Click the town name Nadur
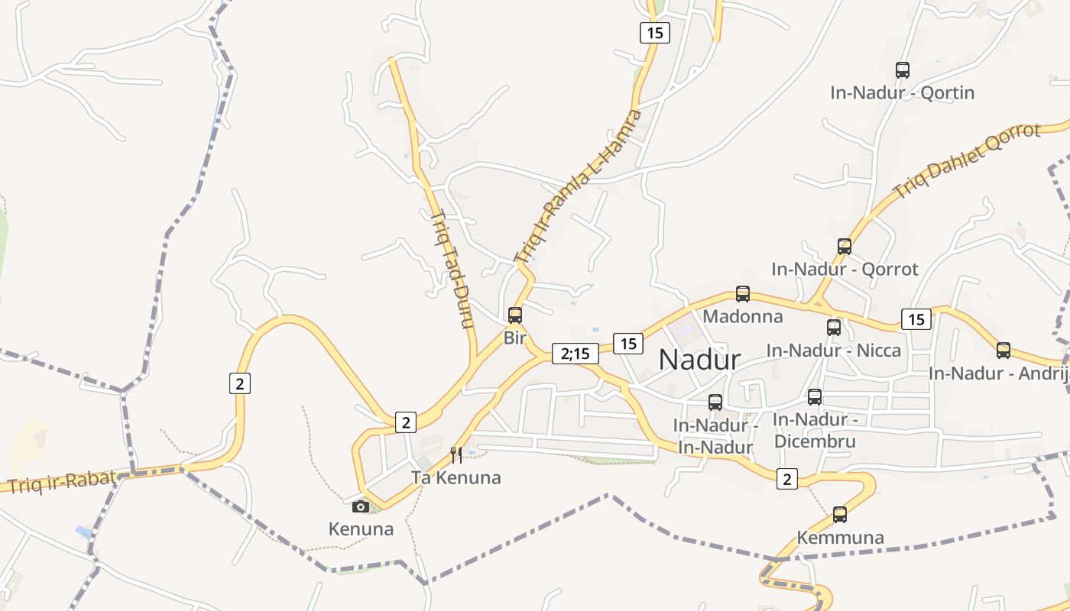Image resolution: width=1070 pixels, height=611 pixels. (x=699, y=360)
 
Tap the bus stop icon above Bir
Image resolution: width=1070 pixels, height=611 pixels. (x=515, y=315)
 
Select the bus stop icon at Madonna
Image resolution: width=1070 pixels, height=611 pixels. (x=742, y=294)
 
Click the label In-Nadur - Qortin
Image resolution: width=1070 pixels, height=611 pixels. (x=903, y=93)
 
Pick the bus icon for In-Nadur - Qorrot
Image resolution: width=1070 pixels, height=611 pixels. (x=845, y=247)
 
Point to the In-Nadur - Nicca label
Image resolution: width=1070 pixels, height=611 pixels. (x=834, y=351)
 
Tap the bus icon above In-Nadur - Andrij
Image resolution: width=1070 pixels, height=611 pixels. (x=1004, y=351)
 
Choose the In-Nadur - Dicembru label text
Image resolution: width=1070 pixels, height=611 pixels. (x=815, y=431)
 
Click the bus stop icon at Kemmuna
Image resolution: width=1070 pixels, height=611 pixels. (x=840, y=515)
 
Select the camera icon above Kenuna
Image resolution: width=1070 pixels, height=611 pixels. (x=361, y=506)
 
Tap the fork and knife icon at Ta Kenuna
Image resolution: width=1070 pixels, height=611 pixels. (x=456, y=455)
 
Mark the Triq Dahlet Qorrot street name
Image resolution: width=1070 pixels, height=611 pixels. (x=966, y=160)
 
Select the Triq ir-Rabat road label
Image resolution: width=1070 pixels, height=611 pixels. (x=62, y=481)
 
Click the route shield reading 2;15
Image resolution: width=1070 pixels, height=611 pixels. (x=575, y=354)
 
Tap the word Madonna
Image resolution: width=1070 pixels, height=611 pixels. (x=743, y=316)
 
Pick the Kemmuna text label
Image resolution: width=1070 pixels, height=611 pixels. (x=840, y=538)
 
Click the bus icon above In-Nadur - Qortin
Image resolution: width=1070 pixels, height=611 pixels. (x=903, y=70)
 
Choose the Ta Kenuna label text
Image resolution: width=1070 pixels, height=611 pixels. (x=456, y=478)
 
